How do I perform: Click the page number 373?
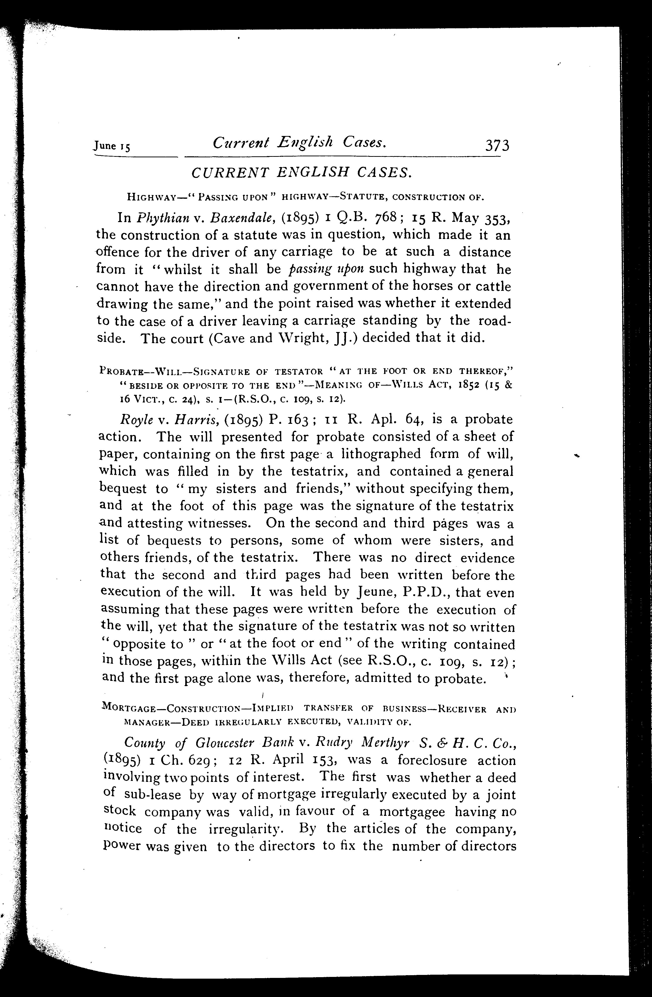(497, 146)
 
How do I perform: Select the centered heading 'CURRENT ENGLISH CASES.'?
(302, 173)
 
